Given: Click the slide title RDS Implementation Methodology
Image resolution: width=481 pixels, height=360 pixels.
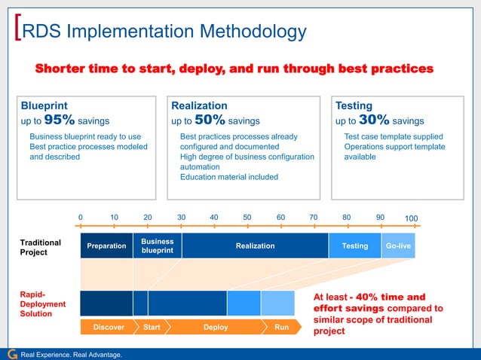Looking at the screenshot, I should [164, 31].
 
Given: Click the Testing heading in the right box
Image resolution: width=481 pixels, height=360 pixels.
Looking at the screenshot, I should [354, 106].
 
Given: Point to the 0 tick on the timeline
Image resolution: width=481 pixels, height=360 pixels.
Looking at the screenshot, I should [81, 218].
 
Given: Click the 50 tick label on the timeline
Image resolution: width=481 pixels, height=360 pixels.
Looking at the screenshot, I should [247, 218].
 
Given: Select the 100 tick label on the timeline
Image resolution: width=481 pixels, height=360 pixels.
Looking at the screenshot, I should [412, 219].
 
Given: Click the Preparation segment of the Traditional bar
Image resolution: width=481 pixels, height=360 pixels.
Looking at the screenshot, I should [106, 246].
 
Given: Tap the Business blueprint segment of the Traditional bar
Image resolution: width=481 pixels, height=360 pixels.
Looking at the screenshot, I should [158, 246].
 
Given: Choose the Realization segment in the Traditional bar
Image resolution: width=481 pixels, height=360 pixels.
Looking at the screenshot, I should [255, 246].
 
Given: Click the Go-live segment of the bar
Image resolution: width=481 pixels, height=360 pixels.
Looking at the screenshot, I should [398, 246].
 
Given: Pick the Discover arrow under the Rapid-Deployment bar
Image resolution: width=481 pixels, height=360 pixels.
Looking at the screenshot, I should [109, 328].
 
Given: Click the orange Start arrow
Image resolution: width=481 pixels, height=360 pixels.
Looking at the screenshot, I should [152, 328].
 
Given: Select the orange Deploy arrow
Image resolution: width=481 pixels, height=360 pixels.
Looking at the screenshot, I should [216, 328].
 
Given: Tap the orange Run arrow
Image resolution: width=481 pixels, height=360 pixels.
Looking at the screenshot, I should [281, 328].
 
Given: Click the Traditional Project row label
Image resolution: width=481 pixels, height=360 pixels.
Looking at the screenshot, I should [35, 247].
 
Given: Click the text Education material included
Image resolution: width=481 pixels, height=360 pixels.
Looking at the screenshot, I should [228, 177].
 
